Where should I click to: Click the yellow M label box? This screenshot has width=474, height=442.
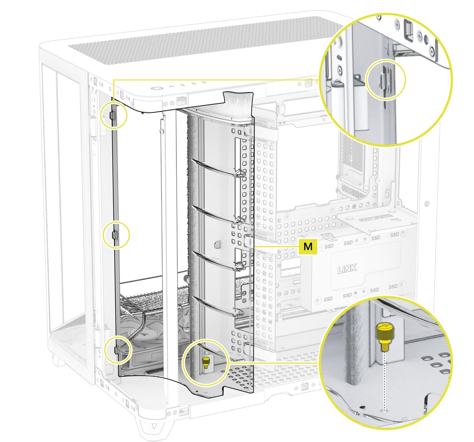[308, 247]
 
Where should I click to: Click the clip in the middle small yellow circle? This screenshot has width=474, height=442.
[114, 234]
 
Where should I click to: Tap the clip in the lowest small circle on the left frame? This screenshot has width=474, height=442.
[115, 350]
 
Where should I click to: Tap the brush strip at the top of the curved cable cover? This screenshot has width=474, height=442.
[238, 99]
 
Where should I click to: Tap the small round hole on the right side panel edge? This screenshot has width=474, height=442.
[427, 203]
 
